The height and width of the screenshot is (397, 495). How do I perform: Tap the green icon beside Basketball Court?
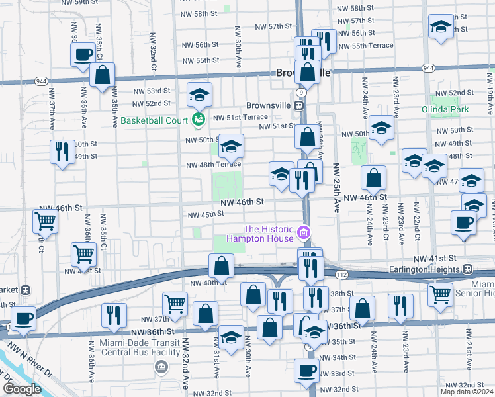(x=197, y=120)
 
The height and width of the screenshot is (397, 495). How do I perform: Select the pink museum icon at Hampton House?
(x=304, y=232)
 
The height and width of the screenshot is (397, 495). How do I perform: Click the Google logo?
(x=22, y=389)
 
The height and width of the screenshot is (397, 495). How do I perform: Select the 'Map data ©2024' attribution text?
(x=467, y=392)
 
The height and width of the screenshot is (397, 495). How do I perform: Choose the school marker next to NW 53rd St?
(x=199, y=94)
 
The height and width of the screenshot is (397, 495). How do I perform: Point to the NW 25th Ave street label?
(x=336, y=187)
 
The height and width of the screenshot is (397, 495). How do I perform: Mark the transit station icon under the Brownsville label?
(x=300, y=105)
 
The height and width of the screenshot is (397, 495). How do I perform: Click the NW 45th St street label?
(x=206, y=214)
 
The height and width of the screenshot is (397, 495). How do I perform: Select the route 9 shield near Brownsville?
(x=301, y=92)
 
